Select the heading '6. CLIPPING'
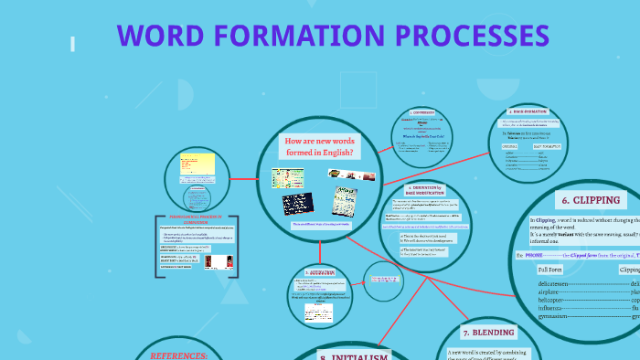pyautogui.click(x=590, y=200)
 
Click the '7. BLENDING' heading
pyautogui.click(x=488, y=333)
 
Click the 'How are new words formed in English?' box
pyautogui.click(x=319, y=147)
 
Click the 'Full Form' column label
pyautogui.click(x=550, y=270)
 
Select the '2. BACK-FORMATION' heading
pyautogui.click(x=530, y=111)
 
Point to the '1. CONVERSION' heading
pyautogui.click(x=422, y=113)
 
